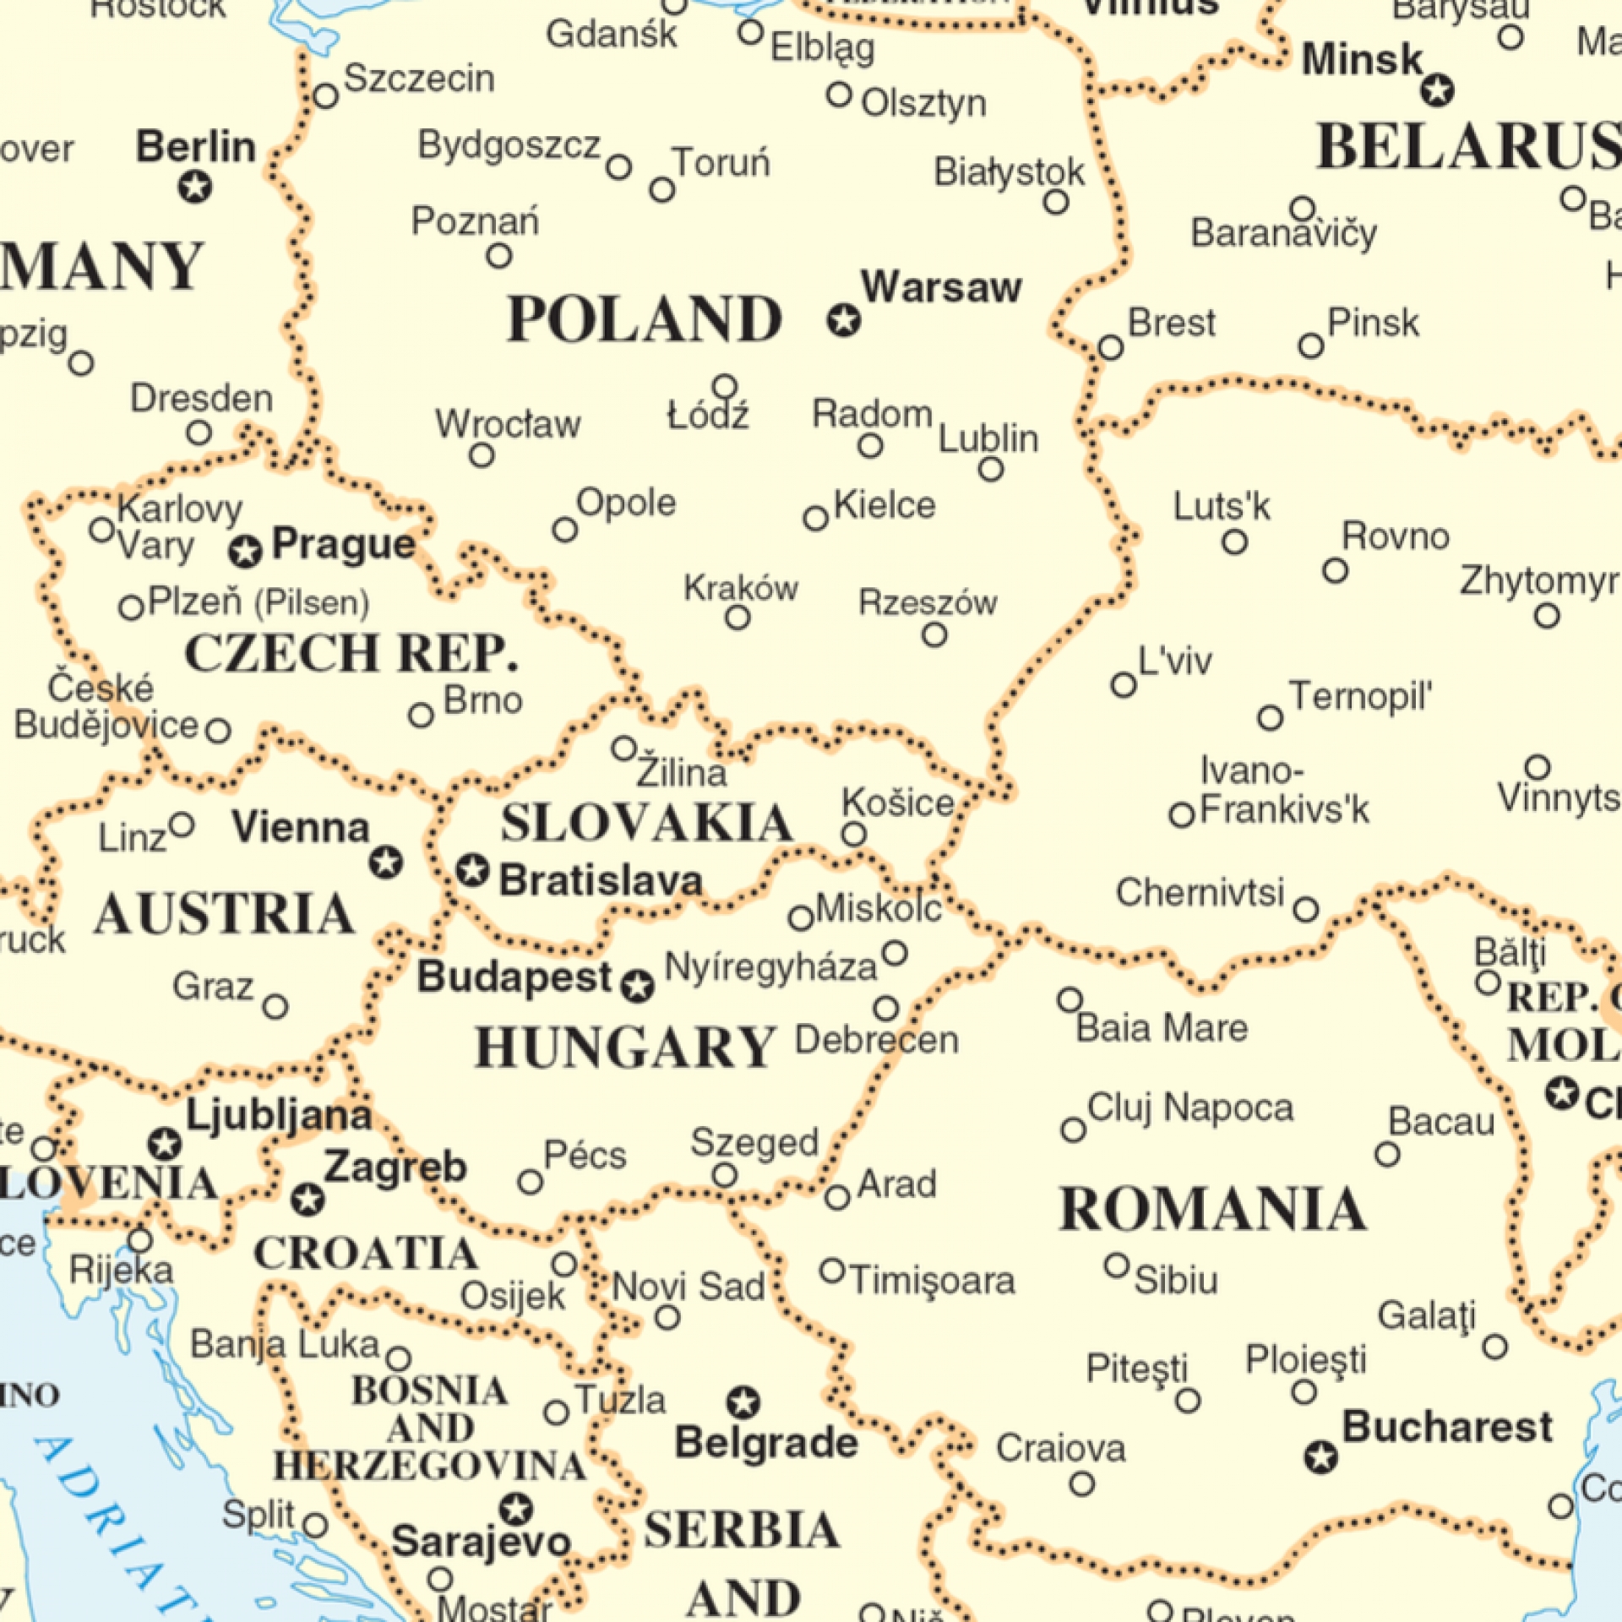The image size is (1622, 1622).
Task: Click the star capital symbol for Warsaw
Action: click(843, 320)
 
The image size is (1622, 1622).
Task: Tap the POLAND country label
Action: click(644, 319)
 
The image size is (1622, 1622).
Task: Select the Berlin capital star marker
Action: click(195, 186)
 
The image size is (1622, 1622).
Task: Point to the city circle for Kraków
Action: click(738, 618)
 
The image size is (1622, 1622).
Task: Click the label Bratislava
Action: click(601, 881)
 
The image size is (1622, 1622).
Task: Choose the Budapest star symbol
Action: click(638, 986)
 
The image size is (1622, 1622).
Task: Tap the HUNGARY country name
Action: click(625, 1048)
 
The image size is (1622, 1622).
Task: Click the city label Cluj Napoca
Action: click(1189, 1108)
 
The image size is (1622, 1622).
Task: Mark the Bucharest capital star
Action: click(1321, 1457)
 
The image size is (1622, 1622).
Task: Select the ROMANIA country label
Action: click(1212, 1209)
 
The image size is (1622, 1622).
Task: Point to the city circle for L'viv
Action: click(1124, 684)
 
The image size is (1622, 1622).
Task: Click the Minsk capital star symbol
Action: click(1437, 90)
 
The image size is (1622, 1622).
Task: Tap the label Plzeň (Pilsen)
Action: click(259, 603)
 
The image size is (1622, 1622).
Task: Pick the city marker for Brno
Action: click(421, 716)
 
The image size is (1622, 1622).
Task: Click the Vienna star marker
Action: click(386, 863)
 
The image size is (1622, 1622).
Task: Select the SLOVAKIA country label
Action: click(646, 823)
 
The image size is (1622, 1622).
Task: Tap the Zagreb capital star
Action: click(308, 1199)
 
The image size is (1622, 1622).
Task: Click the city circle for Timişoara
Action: click(832, 1271)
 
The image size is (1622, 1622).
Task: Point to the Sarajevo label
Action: click(482, 1543)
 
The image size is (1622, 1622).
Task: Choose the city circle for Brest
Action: click(1111, 347)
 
